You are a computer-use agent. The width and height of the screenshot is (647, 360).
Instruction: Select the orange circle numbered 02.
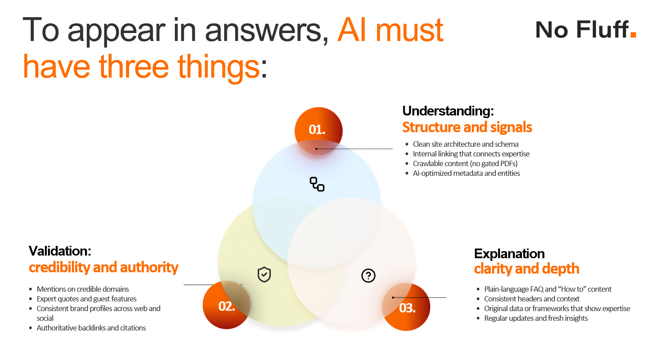click(226, 306)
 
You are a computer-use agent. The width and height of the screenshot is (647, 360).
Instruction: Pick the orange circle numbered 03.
click(406, 307)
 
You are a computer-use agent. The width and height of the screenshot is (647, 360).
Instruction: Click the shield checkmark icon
click(264, 275)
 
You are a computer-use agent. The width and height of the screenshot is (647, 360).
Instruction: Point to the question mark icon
click(368, 276)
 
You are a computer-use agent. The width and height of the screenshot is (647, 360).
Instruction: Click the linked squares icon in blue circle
click(317, 184)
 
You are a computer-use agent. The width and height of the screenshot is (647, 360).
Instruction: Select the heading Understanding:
click(448, 111)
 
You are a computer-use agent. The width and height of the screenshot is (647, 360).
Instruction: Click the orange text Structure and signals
click(467, 127)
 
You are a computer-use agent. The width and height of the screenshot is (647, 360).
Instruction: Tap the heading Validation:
click(60, 251)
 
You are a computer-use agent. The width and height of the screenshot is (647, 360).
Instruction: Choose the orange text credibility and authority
click(104, 267)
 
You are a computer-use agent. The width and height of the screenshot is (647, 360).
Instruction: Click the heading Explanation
click(509, 254)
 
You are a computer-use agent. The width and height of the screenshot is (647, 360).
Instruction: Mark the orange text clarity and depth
click(526, 269)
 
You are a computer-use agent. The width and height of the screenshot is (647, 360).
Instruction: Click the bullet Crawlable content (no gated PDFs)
click(465, 163)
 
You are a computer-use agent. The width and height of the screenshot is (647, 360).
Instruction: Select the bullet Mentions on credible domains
click(83, 289)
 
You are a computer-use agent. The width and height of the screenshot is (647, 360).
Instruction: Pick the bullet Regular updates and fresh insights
click(536, 318)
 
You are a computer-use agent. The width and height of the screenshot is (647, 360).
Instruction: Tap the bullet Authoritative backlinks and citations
click(91, 328)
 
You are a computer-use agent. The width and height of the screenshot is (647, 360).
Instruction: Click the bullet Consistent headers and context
click(532, 299)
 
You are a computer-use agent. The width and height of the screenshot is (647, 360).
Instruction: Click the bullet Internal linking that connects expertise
click(471, 154)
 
